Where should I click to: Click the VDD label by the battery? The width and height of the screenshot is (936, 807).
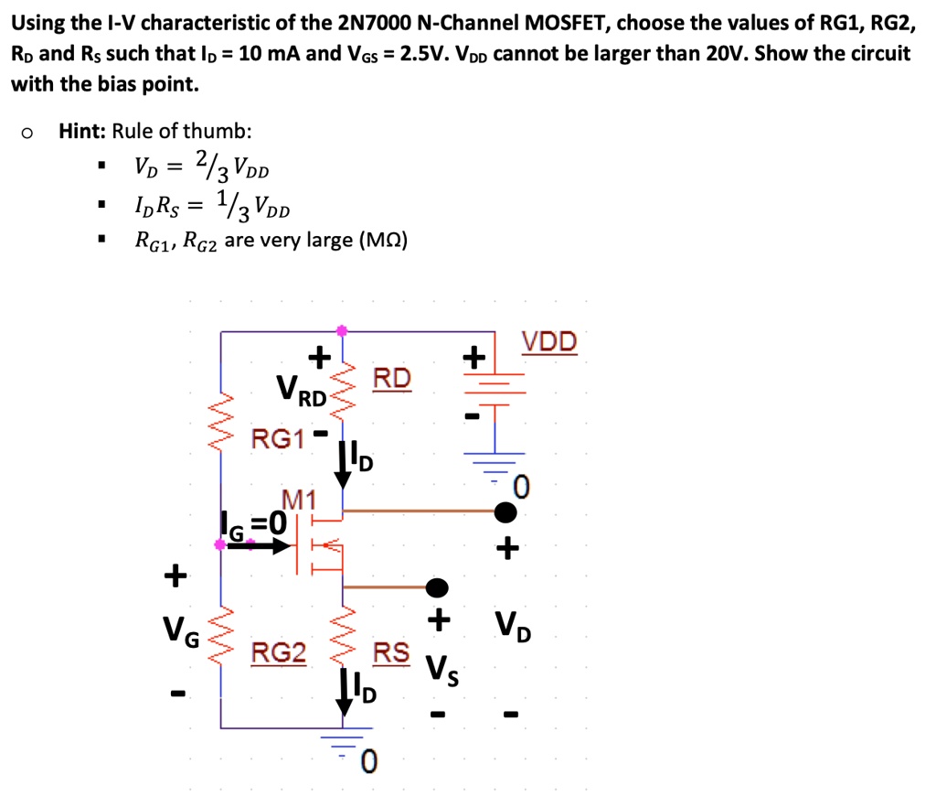[549, 342]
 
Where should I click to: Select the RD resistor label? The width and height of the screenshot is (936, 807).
[392, 378]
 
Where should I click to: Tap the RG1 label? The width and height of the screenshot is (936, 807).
[278, 438]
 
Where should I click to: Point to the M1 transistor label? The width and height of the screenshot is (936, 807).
[298, 500]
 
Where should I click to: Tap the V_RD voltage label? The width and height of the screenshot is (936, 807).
[302, 394]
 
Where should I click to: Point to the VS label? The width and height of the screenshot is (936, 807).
[441, 674]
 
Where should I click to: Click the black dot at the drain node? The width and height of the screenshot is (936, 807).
[505, 511]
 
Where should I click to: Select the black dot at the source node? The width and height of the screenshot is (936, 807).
[438, 586]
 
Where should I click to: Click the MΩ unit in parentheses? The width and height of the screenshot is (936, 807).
[384, 241]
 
